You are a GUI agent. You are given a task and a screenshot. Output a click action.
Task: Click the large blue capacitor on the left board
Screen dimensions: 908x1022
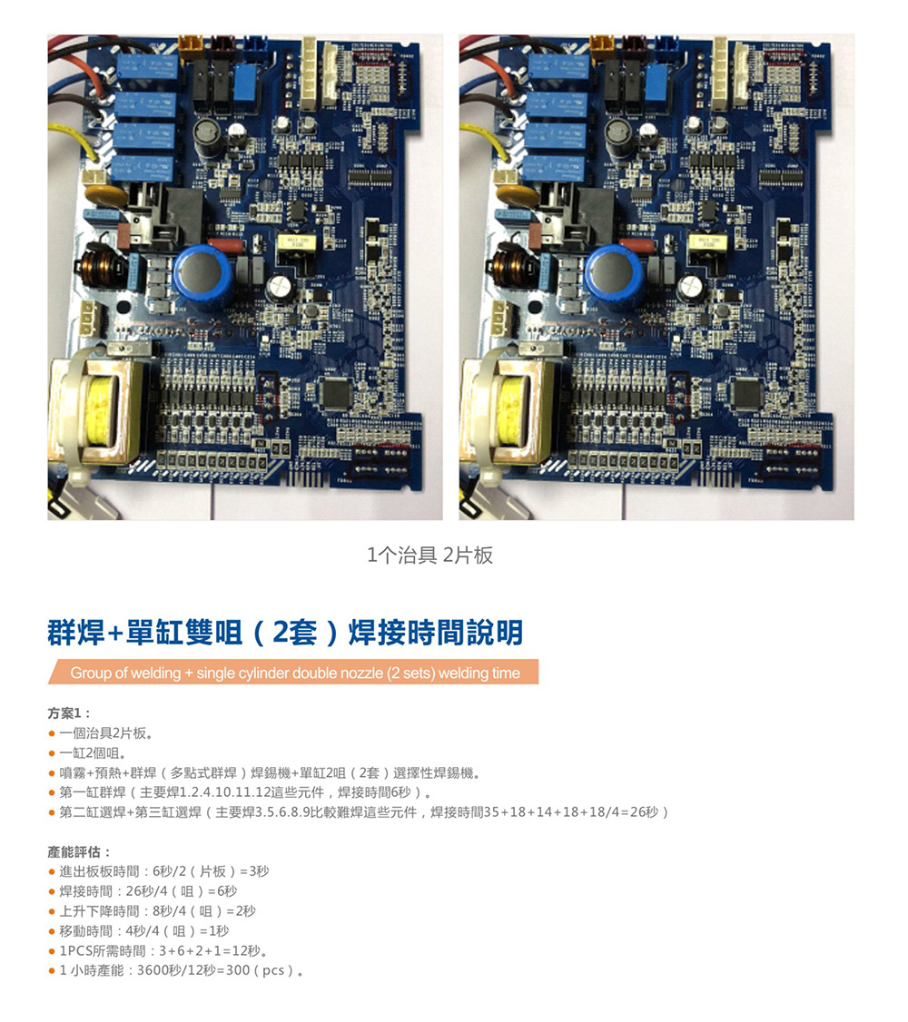coord(202,276)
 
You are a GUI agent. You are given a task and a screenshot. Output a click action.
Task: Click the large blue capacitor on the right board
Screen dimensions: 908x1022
coord(614,276)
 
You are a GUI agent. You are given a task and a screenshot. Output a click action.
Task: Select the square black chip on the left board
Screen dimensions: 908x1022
coord(335,393)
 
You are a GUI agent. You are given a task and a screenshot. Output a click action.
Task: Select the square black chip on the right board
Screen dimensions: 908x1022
coord(747,393)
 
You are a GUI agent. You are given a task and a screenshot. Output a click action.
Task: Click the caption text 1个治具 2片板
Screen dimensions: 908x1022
coord(430,555)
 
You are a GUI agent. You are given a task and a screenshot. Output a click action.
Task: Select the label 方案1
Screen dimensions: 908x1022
coord(69,713)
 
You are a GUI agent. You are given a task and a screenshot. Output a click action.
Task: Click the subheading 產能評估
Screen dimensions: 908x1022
coord(79,851)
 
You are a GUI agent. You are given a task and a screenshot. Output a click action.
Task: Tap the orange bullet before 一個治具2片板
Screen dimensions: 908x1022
coord(52,734)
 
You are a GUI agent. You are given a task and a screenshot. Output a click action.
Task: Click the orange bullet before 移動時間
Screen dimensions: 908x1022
coord(52,931)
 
